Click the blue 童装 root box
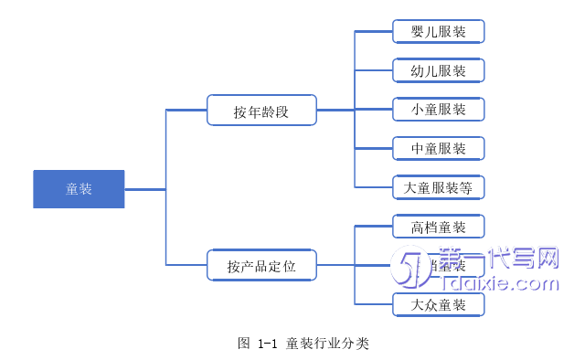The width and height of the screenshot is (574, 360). (79, 189)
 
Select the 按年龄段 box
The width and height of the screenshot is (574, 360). (261, 111)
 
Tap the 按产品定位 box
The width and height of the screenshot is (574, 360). (261, 267)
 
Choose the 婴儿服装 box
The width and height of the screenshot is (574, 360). (438, 32)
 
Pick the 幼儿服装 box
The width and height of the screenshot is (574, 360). (438, 70)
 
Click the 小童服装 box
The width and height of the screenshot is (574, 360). (438, 110)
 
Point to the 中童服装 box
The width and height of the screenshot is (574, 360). (438, 148)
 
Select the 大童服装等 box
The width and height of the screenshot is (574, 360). (438, 188)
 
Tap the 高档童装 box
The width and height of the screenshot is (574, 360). (438, 227)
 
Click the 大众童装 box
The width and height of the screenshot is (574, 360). (438, 304)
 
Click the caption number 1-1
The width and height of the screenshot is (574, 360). (267, 344)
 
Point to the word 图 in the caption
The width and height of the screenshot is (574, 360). (244, 344)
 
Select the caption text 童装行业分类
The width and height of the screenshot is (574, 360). (327, 344)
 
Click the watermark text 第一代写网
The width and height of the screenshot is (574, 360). (498, 258)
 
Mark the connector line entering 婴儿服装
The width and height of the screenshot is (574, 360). (373, 32)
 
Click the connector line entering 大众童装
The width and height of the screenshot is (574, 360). (373, 304)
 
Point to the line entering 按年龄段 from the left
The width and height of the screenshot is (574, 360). (186, 111)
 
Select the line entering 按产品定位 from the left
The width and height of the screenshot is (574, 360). (186, 266)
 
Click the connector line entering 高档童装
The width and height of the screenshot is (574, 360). (373, 227)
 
